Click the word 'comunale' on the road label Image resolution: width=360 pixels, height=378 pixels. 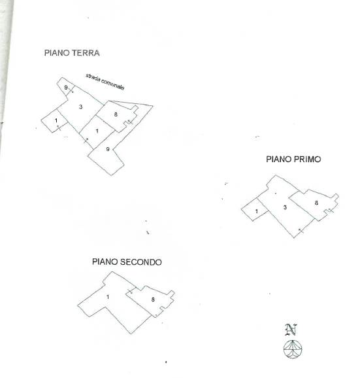[112, 84]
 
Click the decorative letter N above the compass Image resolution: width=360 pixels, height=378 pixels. [291, 330]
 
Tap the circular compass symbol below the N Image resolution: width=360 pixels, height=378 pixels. [293, 349]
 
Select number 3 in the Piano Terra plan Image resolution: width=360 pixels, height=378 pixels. [80, 107]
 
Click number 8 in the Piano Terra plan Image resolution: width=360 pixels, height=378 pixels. [116, 114]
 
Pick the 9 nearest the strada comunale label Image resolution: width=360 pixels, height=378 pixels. [66, 88]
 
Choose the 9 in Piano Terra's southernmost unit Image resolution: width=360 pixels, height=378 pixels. [108, 149]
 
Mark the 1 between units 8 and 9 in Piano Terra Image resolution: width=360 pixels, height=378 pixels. [97, 131]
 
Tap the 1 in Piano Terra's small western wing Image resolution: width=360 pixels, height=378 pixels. [56, 120]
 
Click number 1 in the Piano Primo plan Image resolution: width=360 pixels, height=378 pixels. [257, 211]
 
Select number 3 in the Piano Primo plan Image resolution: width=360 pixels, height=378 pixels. [285, 207]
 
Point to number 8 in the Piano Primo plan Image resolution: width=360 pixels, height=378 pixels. [316, 203]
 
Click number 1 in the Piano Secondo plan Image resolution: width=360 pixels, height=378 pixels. [108, 297]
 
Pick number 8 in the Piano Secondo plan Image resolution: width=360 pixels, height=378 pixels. [153, 300]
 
